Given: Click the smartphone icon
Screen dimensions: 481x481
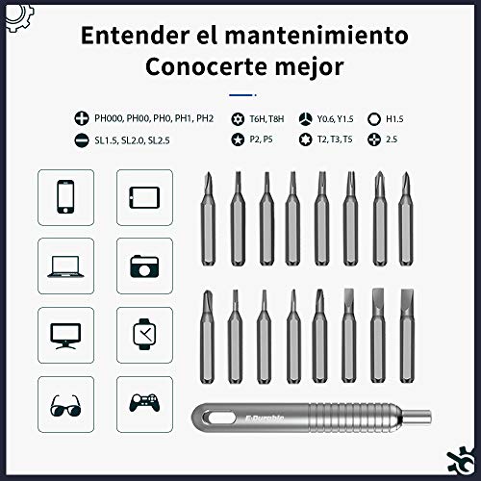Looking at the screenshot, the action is coord(65,197).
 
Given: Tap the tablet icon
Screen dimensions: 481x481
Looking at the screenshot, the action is coord(144,197).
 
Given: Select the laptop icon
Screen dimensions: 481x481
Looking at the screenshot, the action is coord(65,266).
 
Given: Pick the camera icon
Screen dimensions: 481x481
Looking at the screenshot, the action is coord(144,266).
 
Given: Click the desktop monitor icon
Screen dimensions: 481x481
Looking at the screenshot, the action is coord(65,336).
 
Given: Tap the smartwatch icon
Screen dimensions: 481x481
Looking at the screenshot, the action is coord(144,334).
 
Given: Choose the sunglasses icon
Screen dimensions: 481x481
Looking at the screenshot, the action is coord(65,406).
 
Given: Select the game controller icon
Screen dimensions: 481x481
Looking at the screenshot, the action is coord(144,403).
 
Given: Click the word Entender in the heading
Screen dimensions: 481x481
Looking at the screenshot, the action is coord(136,36).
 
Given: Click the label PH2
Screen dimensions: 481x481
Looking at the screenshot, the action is coord(205,118).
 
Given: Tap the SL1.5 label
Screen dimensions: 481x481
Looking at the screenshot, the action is coord(106,140).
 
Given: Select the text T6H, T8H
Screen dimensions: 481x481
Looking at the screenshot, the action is coord(266,119).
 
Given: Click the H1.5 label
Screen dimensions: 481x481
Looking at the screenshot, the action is coord(394,119).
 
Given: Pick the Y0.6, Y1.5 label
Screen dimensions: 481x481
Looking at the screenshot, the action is coord(335,119).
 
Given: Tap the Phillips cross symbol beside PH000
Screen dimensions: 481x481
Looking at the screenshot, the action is coord(82,118).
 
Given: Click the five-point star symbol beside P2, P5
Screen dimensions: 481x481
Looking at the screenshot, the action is coord(238,139).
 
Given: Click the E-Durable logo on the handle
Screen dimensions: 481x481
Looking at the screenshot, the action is coord(265,418).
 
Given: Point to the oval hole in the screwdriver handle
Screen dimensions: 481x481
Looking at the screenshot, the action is coord(221,418).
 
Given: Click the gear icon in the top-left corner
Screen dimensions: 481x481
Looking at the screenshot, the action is coord(19,16).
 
